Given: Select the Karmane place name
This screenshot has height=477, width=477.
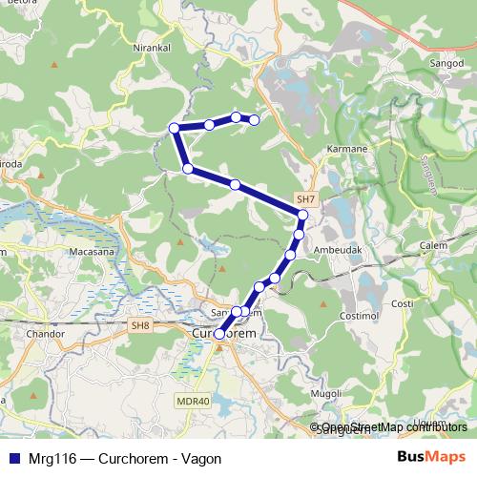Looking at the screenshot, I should coord(347,150).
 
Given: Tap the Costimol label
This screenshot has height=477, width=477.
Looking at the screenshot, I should coord(361,314).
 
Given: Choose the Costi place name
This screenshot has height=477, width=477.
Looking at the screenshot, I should coord(403,303).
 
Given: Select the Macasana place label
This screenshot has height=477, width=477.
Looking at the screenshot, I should coord(93,252).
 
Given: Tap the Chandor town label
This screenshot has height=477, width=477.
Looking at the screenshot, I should coord(47,335).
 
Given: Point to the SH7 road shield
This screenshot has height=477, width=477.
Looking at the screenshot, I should coord(305,198).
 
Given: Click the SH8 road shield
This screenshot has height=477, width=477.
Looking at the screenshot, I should coord(141,326).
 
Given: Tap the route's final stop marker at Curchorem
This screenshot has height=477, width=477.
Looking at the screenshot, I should coord(219,335).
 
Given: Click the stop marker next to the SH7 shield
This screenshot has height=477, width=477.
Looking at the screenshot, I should coord(302,215).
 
